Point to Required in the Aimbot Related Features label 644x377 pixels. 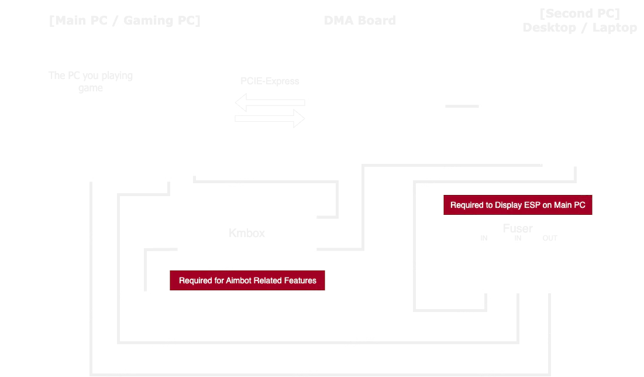[x=195, y=280]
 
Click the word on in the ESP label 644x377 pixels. [x=549, y=205]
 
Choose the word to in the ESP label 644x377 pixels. [x=490, y=205]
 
